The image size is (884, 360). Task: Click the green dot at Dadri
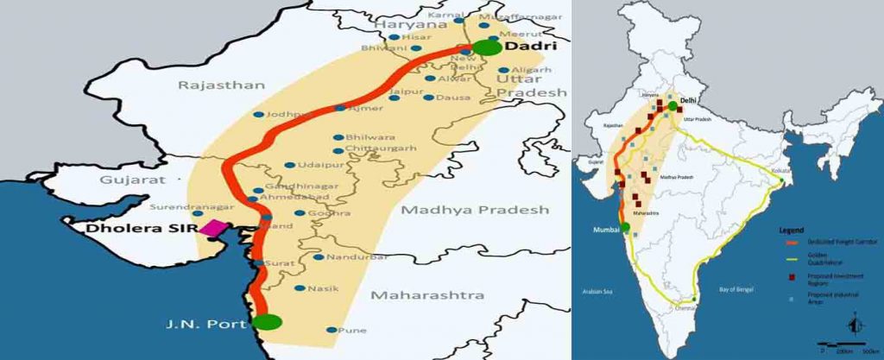(487, 46)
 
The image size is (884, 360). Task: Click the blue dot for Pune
(332, 330)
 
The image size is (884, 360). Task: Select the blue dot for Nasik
(300, 288)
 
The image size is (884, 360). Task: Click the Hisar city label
(422, 36)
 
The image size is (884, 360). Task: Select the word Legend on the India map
(791, 231)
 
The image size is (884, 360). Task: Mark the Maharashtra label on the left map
(427, 295)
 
